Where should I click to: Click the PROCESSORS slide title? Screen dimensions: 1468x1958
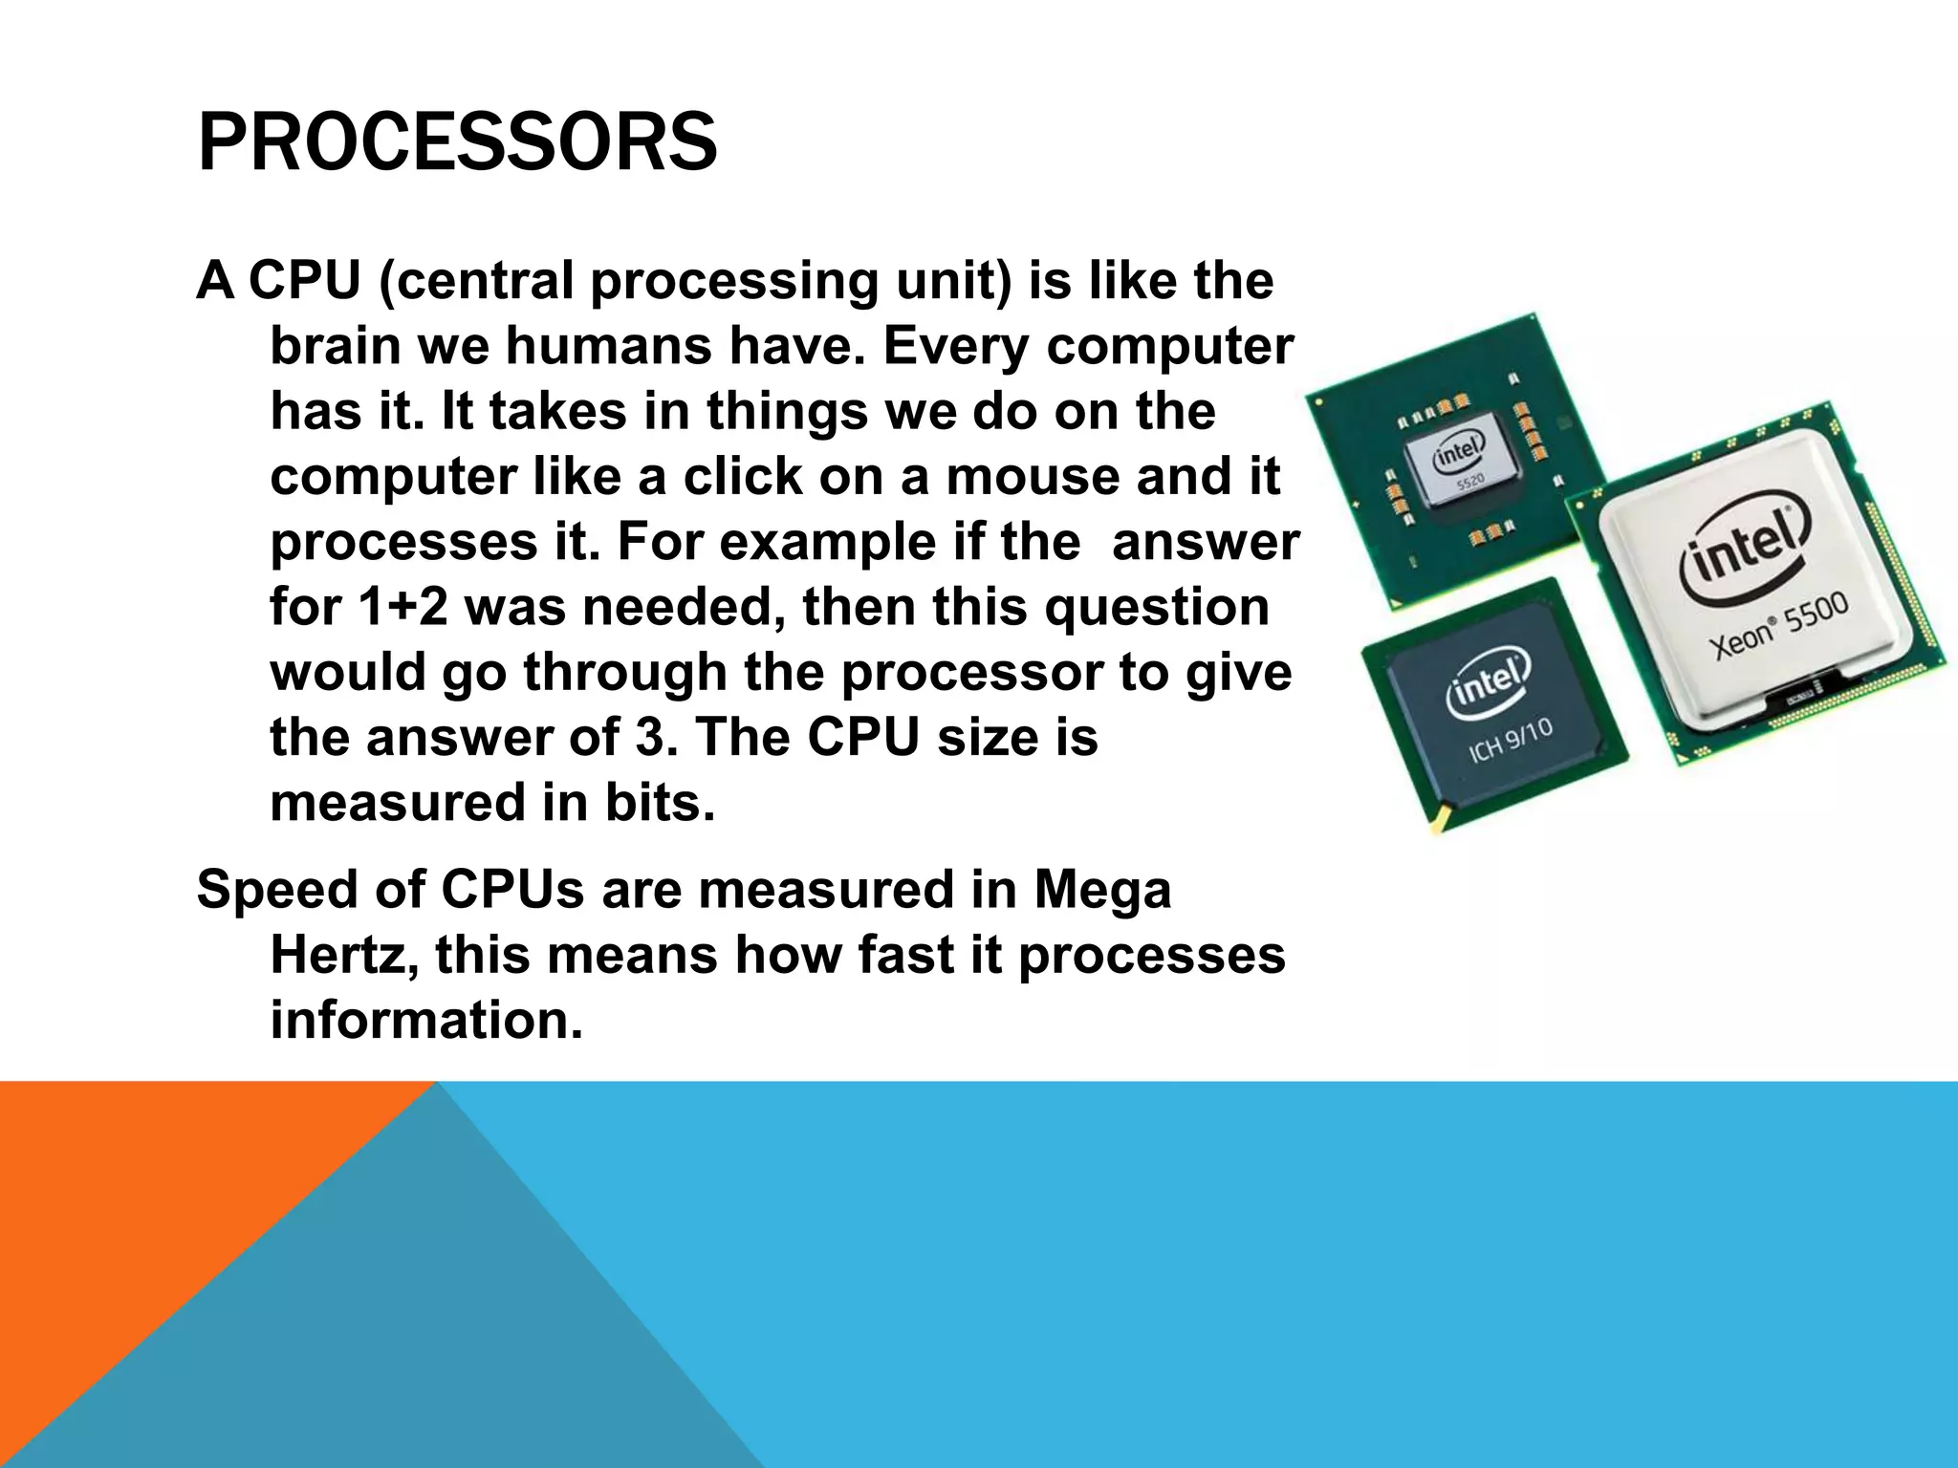tap(457, 142)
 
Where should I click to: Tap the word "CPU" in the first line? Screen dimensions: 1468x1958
tap(305, 281)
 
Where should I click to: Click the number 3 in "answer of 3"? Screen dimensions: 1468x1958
tap(650, 738)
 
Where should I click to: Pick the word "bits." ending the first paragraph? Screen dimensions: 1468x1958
tap(660, 803)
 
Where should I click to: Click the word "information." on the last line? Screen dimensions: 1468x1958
tap(426, 1020)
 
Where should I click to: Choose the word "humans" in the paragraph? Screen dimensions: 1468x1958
tap(608, 346)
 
